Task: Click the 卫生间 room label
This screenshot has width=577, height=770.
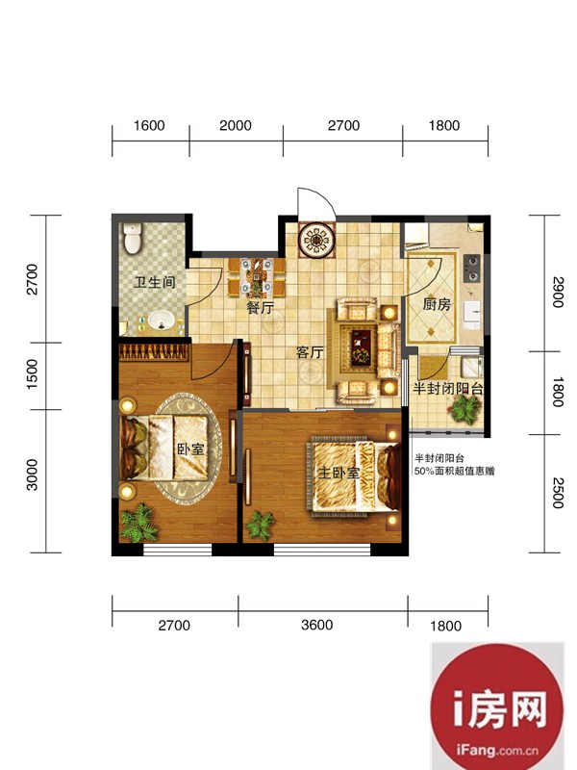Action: point(155,283)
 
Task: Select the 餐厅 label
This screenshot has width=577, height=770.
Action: point(260,308)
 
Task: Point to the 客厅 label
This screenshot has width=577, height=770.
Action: point(310,352)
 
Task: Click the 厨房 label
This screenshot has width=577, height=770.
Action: point(437,304)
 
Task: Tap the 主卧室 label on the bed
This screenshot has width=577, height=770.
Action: point(339,473)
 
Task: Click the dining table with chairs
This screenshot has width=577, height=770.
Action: point(256,278)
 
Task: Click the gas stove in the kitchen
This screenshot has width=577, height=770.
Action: point(472,268)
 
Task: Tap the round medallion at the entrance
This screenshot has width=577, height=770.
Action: point(316,240)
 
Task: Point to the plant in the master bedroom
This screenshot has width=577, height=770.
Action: point(260,526)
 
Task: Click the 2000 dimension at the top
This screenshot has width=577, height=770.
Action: point(236,126)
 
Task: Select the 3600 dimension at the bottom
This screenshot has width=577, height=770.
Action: point(317,625)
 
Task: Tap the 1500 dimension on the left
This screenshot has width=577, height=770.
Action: point(32,374)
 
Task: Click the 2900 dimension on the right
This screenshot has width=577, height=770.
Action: point(558,293)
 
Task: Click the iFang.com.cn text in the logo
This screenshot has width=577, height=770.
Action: point(496,750)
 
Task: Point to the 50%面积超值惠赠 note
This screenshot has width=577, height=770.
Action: point(454,472)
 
